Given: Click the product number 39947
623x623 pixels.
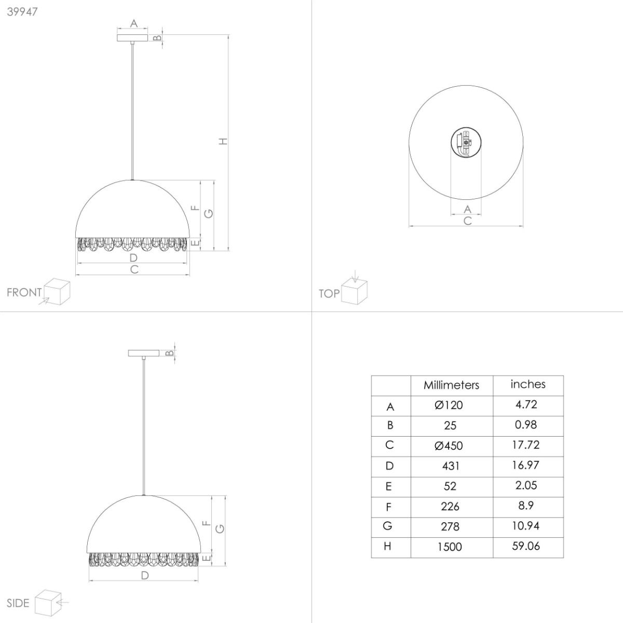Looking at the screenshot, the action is pyautogui.click(x=22, y=12).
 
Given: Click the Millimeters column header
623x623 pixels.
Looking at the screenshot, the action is pyautogui.click(x=451, y=385).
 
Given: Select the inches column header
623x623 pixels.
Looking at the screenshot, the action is pyautogui.click(x=528, y=384).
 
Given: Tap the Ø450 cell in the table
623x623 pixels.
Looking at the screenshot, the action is pyautogui.click(x=449, y=445).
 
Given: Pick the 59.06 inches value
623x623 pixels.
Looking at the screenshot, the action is pyautogui.click(x=526, y=546).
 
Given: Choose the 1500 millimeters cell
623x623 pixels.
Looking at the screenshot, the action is pyautogui.click(x=450, y=547).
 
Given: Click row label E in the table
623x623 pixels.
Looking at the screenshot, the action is pyautogui.click(x=389, y=486).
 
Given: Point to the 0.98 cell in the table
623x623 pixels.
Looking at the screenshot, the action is pyautogui.click(x=526, y=425).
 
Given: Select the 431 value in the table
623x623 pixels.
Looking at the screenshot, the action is pyautogui.click(x=450, y=466).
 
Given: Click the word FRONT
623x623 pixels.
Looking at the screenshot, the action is pyautogui.click(x=24, y=293).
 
